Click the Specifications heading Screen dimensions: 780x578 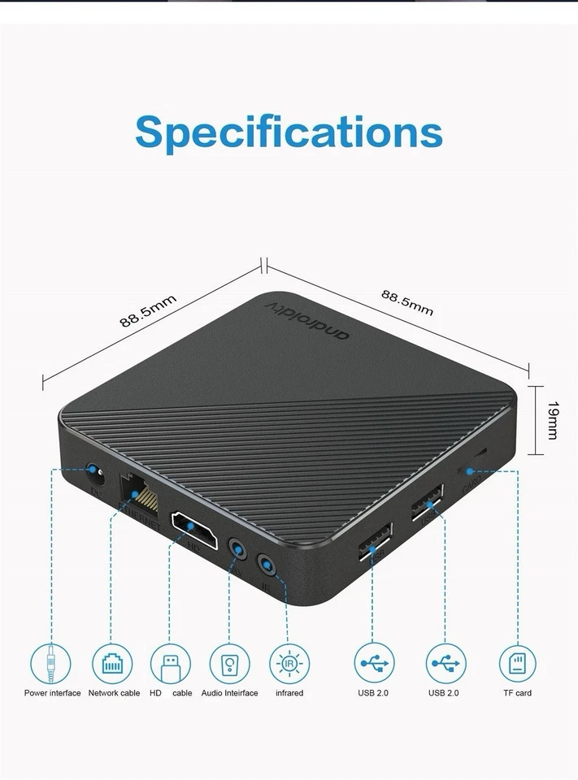(289, 132)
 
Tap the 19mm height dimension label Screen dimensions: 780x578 (552, 420)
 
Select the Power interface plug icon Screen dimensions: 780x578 (51, 664)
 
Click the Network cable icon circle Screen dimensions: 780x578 (111, 664)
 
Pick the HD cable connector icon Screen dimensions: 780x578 (171, 664)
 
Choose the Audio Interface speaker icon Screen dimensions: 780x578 (229, 664)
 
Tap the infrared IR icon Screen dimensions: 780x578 (289, 664)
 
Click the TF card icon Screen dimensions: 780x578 (517, 664)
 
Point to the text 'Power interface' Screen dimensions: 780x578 (53, 693)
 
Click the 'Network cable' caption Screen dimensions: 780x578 (114, 693)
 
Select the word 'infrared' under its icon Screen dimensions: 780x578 (289, 693)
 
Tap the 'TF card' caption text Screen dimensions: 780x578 (517, 693)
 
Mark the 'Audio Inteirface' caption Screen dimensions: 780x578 (229, 693)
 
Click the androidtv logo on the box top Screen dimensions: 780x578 (309, 318)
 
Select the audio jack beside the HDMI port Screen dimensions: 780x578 (237, 549)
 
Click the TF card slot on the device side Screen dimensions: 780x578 (480, 452)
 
